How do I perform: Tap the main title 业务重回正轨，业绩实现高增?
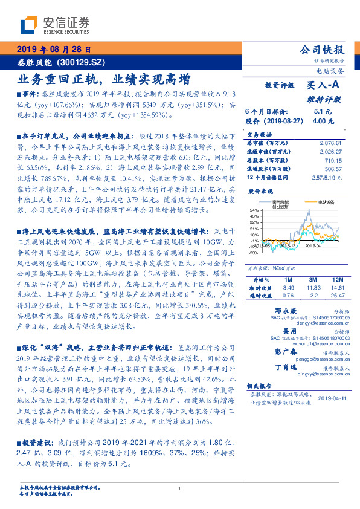click(x=104, y=79)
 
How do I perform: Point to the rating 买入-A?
click(x=323, y=86)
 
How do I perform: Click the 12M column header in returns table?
click(x=337, y=280)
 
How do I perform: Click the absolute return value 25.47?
click(x=337, y=296)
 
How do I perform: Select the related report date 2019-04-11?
click(x=331, y=398)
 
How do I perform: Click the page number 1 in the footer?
click(x=180, y=488)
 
